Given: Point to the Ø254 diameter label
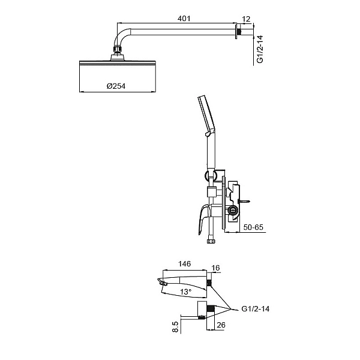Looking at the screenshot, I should pos(115,86).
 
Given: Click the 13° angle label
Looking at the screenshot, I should pos(186,292).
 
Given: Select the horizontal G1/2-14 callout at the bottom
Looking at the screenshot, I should pos(256,310).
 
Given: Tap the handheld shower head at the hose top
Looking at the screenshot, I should pos(205,114).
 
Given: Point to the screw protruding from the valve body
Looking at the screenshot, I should pos(244,201).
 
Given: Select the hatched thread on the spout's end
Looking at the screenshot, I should pos(209,281).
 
